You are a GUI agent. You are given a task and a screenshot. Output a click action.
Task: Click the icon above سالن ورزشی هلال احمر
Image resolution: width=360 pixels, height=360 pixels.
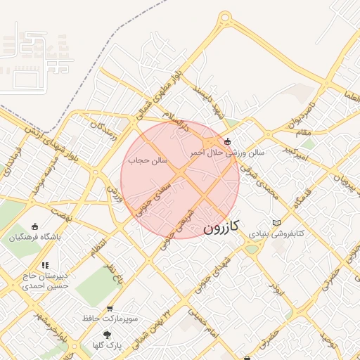[x=226, y=141]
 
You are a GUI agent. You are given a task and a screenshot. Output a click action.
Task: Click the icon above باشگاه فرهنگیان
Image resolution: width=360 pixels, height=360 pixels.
[x=36, y=226]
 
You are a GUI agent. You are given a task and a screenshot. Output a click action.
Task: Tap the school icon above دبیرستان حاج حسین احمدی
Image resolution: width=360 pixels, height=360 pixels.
[x=45, y=265]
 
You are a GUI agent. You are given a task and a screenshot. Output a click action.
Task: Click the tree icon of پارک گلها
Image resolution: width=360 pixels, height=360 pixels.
[x=107, y=335]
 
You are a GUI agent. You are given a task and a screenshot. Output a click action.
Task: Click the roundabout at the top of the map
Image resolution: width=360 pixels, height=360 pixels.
[x=225, y=18]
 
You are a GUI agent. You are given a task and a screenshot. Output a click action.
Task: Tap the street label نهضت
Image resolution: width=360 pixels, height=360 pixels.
[x=62, y=214]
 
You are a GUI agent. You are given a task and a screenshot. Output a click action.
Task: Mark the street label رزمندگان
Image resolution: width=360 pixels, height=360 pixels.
[x=100, y=127]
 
